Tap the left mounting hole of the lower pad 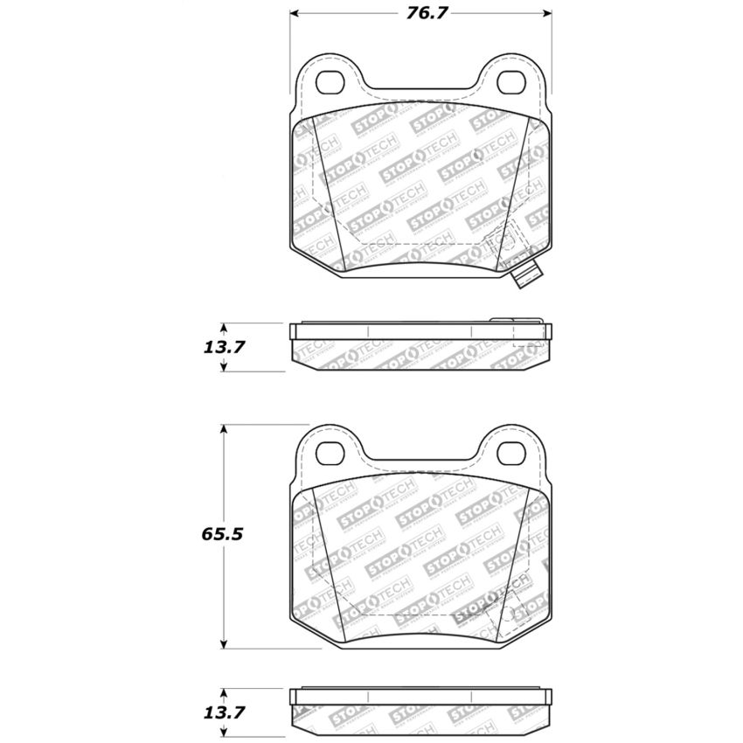[331, 452]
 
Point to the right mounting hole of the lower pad [510, 452]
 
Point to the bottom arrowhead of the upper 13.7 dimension [225, 366]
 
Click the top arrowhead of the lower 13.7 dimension [225, 692]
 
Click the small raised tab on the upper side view [503, 321]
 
